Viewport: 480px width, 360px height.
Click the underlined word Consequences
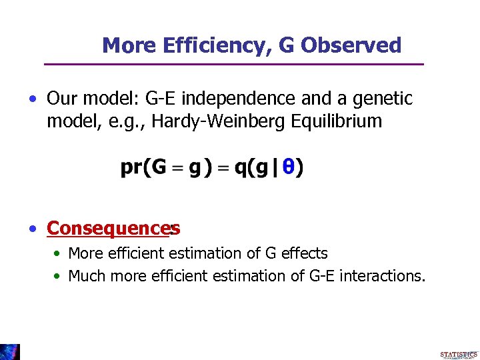[107, 229]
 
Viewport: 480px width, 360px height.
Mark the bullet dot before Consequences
[32, 229]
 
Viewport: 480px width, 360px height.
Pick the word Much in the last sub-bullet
[85, 275]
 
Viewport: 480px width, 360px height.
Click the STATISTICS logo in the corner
[459, 355]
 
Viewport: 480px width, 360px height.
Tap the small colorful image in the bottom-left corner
[10, 351]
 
